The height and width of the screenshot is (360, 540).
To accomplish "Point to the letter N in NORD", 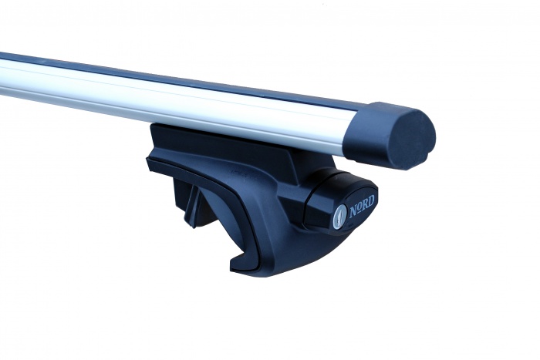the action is pos(353,210).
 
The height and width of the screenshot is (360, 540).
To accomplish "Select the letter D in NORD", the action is pos(370,202).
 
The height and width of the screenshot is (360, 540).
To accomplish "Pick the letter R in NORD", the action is pos(365,205).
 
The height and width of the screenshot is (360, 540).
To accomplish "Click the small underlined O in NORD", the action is pos(359,209).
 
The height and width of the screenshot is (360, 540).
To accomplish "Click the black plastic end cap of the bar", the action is pos(392,135).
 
